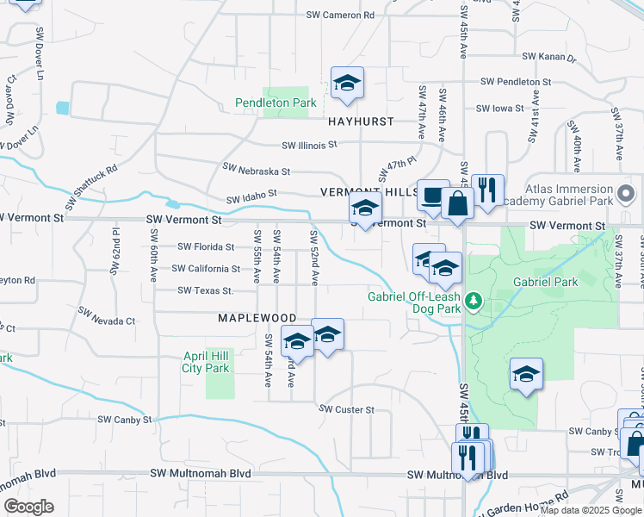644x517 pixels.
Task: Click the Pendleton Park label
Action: point(276,103)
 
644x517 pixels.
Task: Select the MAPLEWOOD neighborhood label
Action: point(257,318)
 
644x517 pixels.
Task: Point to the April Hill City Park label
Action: point(207,362)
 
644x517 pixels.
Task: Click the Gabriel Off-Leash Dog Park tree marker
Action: point(473,300)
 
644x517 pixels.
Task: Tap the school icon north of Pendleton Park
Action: point(347,83)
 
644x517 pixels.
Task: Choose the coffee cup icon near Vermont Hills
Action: point(432,196)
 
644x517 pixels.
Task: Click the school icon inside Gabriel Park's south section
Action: point(526,374)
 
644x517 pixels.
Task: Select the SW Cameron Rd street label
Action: point(341,15)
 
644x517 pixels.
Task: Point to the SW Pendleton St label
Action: point(516,81)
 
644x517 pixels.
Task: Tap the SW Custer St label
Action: point(347,409)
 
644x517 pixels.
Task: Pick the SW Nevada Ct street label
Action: point(107,315)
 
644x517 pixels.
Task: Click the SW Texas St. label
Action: point(206,290)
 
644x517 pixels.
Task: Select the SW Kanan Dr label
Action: point(548,58)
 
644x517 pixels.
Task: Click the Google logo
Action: point(29,507)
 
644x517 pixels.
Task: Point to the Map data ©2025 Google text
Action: point(589,510)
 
